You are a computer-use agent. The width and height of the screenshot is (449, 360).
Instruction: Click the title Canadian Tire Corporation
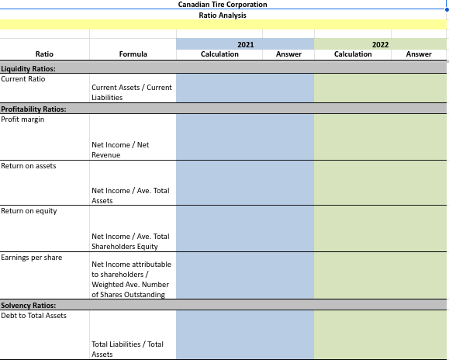click(222, 5)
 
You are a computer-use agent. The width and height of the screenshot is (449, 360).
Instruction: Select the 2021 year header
click(245, 44)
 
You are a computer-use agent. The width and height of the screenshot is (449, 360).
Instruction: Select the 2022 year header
click(380, 44)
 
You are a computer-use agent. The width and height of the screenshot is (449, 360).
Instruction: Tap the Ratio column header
click(44, 54)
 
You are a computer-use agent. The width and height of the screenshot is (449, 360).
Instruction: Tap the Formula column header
click(133, 54)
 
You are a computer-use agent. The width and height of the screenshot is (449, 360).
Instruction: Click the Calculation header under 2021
click(219, 54)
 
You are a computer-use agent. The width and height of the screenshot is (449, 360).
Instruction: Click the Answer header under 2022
click(419, 54)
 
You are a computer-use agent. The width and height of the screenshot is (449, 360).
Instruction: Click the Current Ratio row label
click(23, 79)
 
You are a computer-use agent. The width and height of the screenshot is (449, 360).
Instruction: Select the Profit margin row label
click(23, 119)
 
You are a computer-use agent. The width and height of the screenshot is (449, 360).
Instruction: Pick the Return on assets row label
click(29, 166)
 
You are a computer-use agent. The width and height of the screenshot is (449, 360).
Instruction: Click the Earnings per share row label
click(32, 257)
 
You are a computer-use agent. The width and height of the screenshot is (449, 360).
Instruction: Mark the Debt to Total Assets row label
click(34, 315)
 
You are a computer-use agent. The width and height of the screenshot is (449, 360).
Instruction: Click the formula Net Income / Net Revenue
click(120, 150)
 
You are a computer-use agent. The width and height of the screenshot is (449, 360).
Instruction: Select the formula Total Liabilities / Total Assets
click(127, 348)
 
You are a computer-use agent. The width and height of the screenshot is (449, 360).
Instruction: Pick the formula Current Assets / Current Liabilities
click(131, 92)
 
